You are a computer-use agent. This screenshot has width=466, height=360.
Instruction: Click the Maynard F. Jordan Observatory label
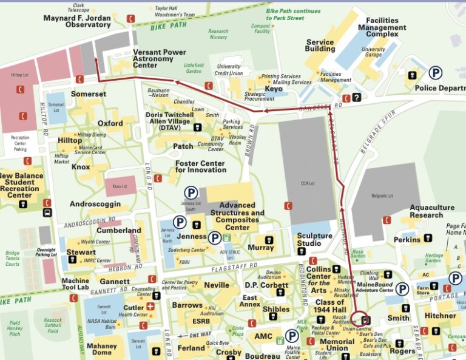click(77, 22)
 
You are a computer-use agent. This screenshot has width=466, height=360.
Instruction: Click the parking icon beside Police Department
click(436, 73)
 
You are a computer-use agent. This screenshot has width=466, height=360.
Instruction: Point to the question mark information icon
click(357, 97)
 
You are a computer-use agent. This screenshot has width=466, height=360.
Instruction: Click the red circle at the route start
click(359, 318)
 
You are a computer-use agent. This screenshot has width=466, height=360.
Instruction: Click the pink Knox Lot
click(121, 186)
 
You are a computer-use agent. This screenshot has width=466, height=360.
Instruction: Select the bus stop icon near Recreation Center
click(47, 213)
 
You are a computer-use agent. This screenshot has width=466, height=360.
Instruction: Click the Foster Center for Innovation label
click(200, 166)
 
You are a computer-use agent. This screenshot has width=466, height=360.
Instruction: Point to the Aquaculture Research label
click(434, 211)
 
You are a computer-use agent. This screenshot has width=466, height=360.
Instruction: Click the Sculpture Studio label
click(314, 239)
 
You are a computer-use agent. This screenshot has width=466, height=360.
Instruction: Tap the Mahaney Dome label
click(101, 349)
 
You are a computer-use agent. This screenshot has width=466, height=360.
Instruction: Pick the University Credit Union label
click(229, 70)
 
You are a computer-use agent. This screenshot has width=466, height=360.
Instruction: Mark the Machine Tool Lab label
click(75, 284)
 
